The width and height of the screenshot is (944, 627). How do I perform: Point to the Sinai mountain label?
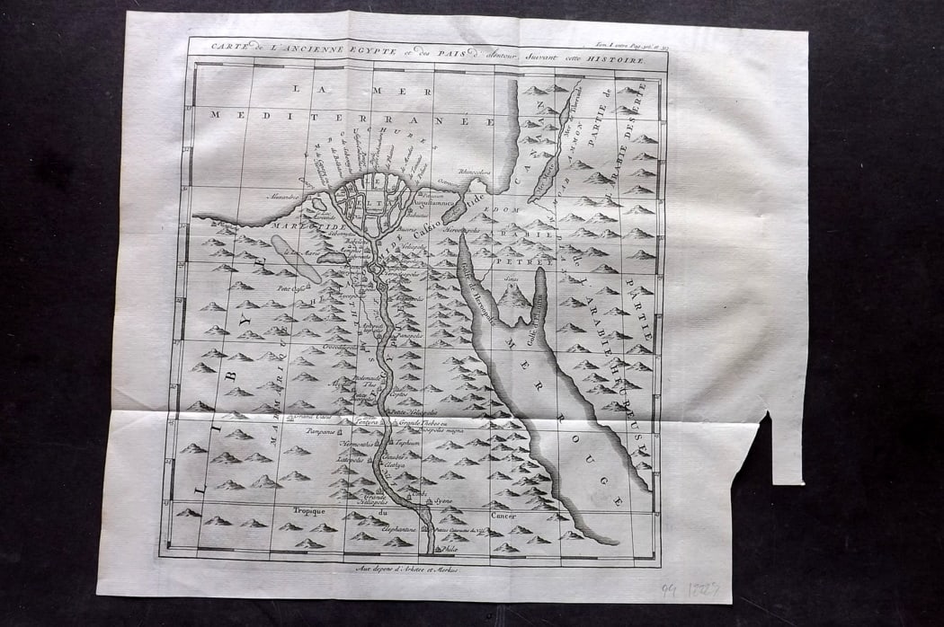512,280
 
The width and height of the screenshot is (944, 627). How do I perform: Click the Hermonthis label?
354,444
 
